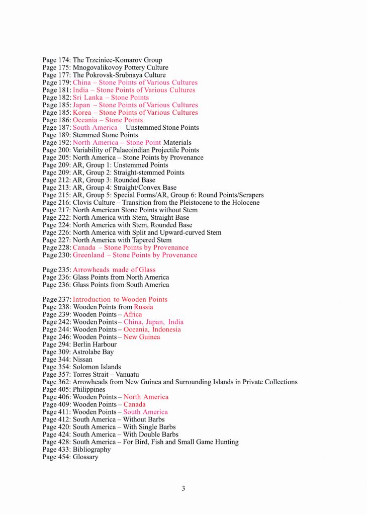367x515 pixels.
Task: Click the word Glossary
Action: [x=85, y=457]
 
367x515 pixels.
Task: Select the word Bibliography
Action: [x=91, y=450]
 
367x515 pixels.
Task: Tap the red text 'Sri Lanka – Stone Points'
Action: [x=111, y=98]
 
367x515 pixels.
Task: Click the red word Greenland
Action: [x=88, y=255]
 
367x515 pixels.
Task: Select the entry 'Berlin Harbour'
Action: [x=95, y=345]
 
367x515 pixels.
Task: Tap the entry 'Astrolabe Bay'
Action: [x=93, y=352]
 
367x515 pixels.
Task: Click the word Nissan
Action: [x=82, y=360]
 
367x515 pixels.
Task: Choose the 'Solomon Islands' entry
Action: [x=97, y=367]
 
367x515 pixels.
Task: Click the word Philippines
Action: [x=89, y=389]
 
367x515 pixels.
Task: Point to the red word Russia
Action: [x=143, y=307]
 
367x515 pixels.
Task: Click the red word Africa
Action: [x=133, y=314]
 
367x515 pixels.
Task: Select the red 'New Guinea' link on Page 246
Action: [x=142, y=337]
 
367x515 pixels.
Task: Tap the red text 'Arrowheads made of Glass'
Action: [x=114, y=270]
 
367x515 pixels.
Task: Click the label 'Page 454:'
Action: [x=56, y=457]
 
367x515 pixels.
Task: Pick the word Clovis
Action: [x=82, y=203]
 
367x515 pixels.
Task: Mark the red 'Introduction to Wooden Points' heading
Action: [x=120, y=299]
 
